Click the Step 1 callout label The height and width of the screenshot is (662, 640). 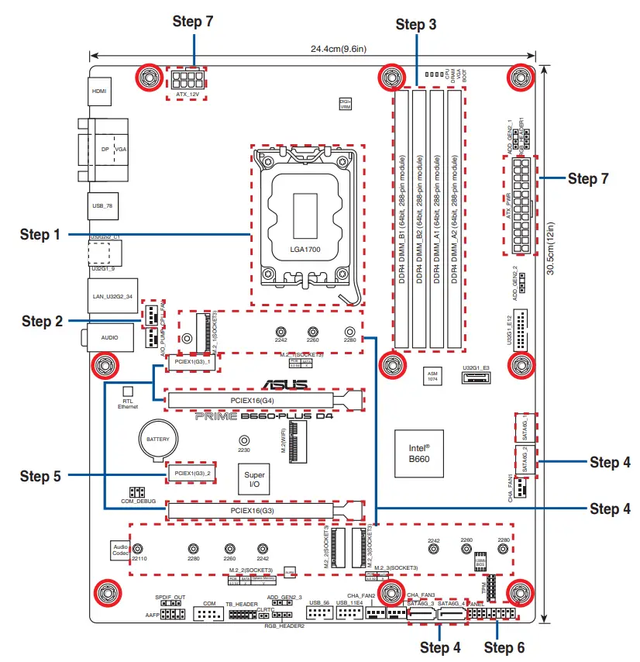click(40, 234)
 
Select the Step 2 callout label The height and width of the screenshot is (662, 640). click(41, 321)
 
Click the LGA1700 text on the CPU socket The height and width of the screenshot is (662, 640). click(305, 250)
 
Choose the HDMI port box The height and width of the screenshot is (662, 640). click(98, 91)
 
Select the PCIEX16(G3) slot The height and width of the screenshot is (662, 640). click(252, 510)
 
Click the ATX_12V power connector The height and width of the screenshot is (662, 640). click(188, 81)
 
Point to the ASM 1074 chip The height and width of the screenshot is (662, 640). click(434, 376)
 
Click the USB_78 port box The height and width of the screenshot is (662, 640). click(102, 205)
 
